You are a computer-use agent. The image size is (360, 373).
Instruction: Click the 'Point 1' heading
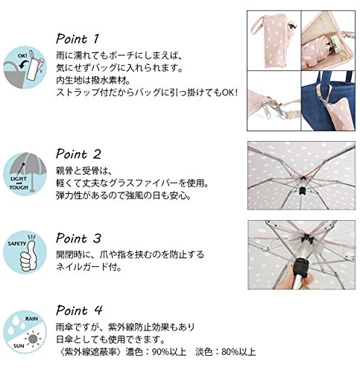78,39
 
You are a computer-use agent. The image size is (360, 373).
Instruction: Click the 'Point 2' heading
78,154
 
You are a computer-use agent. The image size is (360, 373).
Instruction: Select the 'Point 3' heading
78,238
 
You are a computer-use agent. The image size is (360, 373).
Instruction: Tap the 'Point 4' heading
79,310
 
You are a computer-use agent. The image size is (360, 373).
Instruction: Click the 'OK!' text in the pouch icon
22,56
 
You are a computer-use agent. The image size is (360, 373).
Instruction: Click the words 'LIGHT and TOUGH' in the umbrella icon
19,183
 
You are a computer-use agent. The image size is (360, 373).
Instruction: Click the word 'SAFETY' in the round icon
17,244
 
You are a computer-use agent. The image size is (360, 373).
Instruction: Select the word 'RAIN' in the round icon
32,319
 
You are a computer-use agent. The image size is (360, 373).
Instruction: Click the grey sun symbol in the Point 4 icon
33,339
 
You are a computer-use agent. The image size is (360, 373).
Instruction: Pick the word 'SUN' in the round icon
19,346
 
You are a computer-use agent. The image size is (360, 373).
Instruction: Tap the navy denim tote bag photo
328,101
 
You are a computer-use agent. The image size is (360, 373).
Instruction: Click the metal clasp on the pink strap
277,106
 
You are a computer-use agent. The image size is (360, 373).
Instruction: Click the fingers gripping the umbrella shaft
296,278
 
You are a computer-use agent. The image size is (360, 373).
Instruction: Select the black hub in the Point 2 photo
302,191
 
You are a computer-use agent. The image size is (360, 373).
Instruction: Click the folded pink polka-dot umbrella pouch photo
274,40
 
